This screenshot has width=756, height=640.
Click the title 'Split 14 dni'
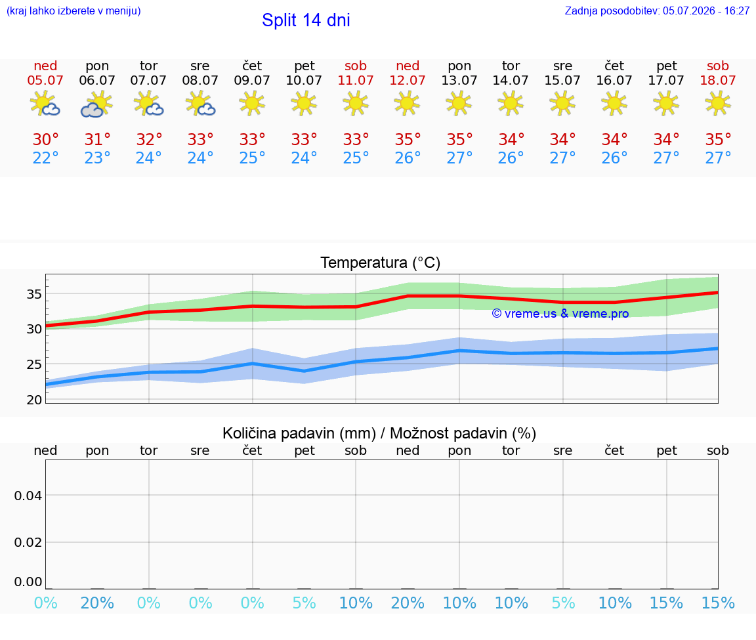click(306, 20)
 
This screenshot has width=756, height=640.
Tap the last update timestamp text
click(657, 11)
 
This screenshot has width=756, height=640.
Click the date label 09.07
click(252, 80)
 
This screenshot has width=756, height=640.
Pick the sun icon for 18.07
click(717, 104)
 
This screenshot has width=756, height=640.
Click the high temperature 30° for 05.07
click(45, 139)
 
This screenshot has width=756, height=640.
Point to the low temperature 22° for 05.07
click(45, 158)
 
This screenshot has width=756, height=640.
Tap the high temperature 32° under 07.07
click(148, 139)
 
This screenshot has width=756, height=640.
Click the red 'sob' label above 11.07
click(355, 66)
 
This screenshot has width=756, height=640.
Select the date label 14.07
click(511, 80)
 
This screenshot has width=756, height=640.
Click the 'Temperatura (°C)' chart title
click(381, 263)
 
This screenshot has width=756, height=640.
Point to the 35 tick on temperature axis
click(34, 293)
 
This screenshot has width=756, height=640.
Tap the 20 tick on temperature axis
click(34, 399)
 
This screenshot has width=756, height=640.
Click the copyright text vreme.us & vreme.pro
click(560, 314)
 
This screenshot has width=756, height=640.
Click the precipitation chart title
click(379, 433)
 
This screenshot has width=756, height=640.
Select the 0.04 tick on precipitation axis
click(28, 496)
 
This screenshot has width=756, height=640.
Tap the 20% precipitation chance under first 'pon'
click(97, 603)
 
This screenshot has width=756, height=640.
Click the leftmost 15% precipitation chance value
click(666, 603)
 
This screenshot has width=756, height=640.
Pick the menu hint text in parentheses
click(73, 11)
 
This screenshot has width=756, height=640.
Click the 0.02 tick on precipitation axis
click(28, 542)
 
